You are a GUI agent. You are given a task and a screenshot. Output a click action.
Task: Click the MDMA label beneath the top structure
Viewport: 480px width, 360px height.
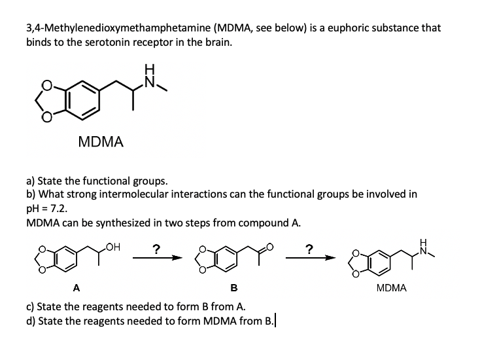pyautogui.click(x=101, y=141)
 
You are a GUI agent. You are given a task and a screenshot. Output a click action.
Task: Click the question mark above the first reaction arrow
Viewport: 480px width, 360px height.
pyautogui.click(x=155, y=249)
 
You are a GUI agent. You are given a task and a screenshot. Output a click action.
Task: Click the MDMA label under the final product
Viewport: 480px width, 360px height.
pyautogui.click(x=392, y=287)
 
